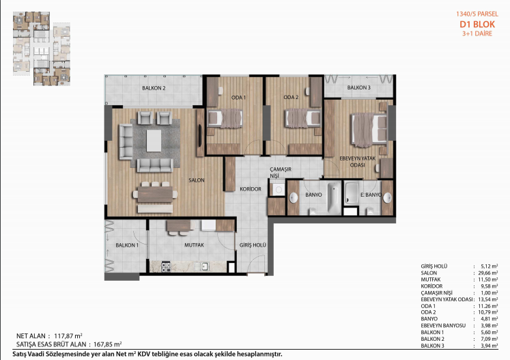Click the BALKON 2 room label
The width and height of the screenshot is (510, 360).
(x=154, y=88)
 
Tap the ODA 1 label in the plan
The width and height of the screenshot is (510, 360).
(x=238, y=97)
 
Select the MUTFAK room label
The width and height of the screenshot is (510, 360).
(x=194, y=245)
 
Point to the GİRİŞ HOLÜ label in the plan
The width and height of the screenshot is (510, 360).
(x=253, y=245)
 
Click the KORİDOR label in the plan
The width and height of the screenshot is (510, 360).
(x=251, y=189)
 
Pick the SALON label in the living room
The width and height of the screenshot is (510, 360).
(x=197, y=180)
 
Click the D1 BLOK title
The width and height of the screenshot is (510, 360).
(x=477, y=25)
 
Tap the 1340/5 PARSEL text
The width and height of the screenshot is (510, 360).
(x=477, y=14)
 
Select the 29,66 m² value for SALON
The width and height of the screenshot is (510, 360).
(x=487, y=273)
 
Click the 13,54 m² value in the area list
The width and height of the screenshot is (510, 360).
(x=487, y=299)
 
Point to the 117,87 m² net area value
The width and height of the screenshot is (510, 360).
(x=68, y=335)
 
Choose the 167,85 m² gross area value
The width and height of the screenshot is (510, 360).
(x=107, y=344)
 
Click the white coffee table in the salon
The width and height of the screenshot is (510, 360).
(x=154, y=141)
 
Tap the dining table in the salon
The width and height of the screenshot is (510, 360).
(x=155, y=195)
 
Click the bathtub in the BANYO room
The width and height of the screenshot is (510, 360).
(x=334, y=197)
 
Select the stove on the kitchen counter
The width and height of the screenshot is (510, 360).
(x=166, y=267)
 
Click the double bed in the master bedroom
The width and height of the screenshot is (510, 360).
(x=369, y=130)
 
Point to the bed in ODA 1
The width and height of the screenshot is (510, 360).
(x=225, y=118)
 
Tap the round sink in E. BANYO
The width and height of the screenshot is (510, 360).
(x=387, y=197)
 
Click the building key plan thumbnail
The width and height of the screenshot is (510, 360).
(x=42, y=49)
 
